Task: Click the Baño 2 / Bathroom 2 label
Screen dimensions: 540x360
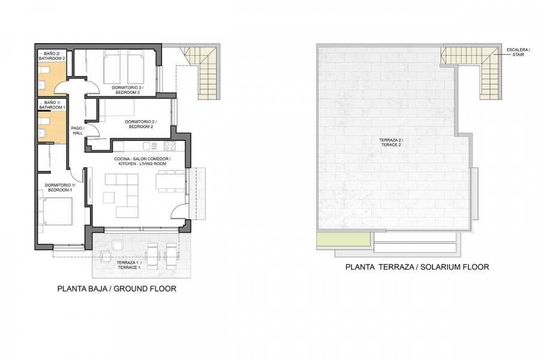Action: point(52,56)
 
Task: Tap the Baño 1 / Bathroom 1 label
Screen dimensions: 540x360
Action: point(52,105)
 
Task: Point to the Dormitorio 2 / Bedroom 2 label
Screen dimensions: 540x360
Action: point(140,124)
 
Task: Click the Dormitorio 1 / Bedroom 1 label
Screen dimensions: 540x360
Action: point(59,187)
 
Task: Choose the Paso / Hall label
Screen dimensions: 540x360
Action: point(77,131)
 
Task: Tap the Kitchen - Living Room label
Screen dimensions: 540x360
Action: point(142,164)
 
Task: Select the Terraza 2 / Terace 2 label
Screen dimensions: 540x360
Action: point(391,142)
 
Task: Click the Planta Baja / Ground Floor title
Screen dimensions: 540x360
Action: point(117,289)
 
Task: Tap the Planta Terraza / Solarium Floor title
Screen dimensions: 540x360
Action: point(417,266)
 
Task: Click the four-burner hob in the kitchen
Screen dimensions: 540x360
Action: point(169,146)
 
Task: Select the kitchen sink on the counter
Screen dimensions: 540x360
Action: point(150,146)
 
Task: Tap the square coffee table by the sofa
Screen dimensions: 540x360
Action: point(109,197)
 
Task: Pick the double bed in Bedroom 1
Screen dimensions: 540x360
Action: point(56,211)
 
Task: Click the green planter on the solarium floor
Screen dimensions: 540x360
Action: point(344,239)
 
